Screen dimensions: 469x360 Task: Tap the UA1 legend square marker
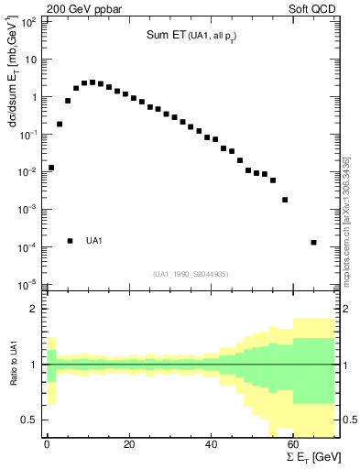coord(70,241)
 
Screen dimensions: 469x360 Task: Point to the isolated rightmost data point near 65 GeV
coord(314,243)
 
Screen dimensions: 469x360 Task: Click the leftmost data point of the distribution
coord(51,168)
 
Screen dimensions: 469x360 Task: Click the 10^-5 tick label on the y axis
coord(29,284)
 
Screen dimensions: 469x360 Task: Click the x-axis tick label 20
coord(128,445)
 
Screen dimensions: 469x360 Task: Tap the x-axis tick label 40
coord(211,445)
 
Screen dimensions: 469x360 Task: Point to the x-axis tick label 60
coord(293,445)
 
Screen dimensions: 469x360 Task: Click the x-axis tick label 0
coord(47,445)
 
